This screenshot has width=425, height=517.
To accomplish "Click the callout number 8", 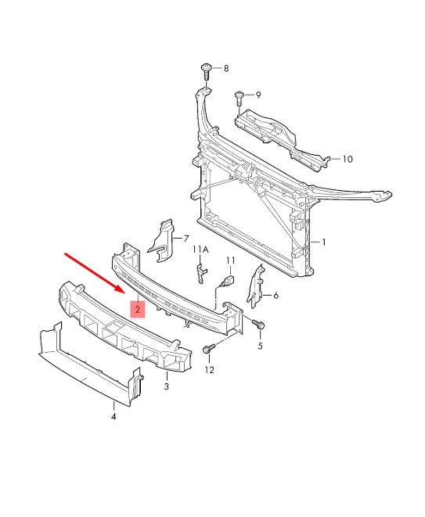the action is tap(226, 68).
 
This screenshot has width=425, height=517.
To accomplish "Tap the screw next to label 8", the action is tap(206, 71).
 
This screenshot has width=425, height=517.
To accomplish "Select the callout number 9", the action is tap(258, 95).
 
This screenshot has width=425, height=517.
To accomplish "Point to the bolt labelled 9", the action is tap(239, 99).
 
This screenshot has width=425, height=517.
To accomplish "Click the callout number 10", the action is tap(348, 160).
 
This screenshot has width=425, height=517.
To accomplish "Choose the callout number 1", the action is tap(324, 242).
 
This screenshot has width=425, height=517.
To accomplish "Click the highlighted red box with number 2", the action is tap(138, 309).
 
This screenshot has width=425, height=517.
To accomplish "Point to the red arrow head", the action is tap(120, 288).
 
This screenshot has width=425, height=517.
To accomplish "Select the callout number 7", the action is tap(186, 239).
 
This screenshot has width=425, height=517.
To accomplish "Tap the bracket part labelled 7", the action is tap(163, 242).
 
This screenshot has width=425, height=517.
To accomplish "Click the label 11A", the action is tap(200, 250).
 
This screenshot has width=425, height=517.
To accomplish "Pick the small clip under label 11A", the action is tap(201, 273).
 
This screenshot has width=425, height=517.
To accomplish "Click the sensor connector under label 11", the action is tap(229, 281).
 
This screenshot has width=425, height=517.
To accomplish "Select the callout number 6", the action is tap(276, 296).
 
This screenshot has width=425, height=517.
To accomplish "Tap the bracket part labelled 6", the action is tap(256, 286).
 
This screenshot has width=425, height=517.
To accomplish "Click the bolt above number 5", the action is tap(258, 324).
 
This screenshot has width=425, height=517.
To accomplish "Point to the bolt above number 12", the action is tap(209, 349).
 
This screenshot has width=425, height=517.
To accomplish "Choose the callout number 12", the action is tap(209, 370).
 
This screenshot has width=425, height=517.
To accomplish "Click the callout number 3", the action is tap(166, 386).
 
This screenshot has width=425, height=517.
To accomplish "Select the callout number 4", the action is tap(113, 416).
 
